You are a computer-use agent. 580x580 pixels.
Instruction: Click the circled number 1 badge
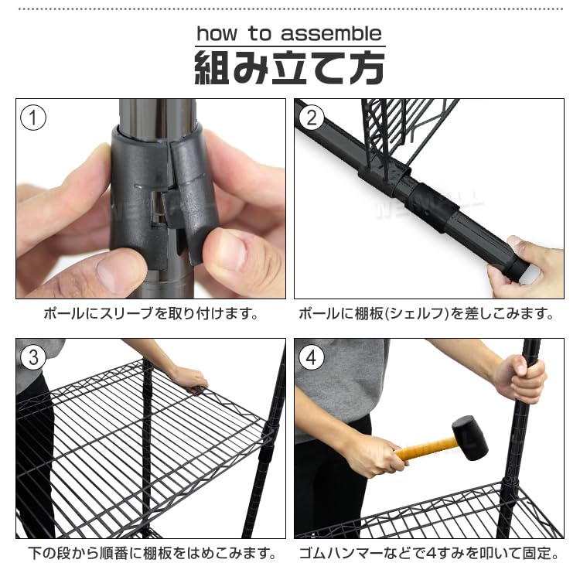33,118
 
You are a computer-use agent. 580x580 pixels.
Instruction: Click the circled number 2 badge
312,118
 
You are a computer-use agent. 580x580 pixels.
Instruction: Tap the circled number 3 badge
33,358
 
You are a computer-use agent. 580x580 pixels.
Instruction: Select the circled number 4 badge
312,358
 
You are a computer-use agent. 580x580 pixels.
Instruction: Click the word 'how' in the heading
220,34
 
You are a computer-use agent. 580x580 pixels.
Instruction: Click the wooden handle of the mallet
425,448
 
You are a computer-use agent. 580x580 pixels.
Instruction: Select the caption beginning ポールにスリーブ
150,315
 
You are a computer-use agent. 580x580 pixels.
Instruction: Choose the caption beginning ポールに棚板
428,315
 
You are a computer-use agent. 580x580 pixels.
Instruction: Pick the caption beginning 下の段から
150,554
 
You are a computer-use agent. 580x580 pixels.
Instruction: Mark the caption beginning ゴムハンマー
428,554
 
